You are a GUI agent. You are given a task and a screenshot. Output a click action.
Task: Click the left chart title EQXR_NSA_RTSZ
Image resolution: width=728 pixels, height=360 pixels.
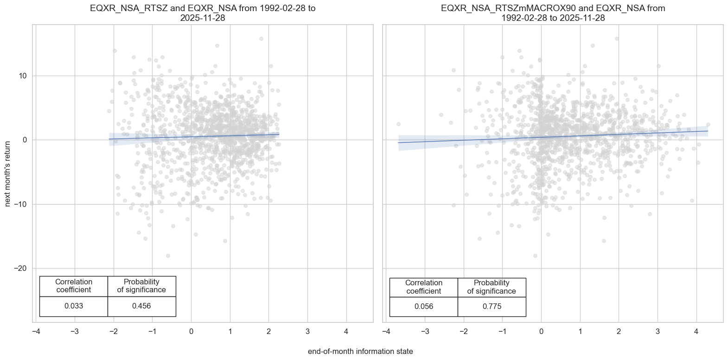(x=203, y=13)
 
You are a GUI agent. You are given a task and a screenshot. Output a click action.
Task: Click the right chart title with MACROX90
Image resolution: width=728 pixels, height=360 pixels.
(x=553, y=13)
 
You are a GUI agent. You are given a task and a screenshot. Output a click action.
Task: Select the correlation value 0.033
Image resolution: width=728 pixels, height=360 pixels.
(x=74, y=306)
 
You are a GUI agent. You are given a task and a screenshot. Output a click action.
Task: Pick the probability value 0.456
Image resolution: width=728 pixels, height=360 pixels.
(x=141, y=306)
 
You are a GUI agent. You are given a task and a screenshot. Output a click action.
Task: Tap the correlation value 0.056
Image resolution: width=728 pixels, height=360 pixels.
(x=424, y=306)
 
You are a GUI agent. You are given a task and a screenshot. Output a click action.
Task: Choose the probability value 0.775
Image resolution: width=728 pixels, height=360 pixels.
(x=492, y=306)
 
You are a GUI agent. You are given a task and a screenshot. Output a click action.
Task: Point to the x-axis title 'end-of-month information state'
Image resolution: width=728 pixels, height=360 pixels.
(x=360, y=352)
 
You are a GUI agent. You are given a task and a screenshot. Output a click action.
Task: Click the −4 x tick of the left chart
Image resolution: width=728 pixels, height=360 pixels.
(x=36, y=332)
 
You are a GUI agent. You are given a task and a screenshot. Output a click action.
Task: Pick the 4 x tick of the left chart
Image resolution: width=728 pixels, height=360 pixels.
(x=346, y=332)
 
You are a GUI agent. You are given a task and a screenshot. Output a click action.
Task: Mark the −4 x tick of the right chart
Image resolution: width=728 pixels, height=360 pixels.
(x=386, y=332)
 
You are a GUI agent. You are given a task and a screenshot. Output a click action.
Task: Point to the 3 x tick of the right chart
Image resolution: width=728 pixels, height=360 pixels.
(x=658, y=332)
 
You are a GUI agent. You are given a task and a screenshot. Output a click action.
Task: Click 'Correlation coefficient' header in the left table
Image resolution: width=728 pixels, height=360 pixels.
(x=74, y=286)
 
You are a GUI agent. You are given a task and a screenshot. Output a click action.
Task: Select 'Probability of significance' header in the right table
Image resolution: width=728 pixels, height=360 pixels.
(x=492, y=287)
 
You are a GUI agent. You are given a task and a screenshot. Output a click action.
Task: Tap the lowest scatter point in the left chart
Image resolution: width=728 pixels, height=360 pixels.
(x=168, y=256)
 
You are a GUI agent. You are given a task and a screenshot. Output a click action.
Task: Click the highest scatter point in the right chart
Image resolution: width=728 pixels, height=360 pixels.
(x=617, y=39)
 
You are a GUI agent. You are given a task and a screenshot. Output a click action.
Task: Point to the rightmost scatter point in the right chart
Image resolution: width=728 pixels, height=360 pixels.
(x=708, y=125)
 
